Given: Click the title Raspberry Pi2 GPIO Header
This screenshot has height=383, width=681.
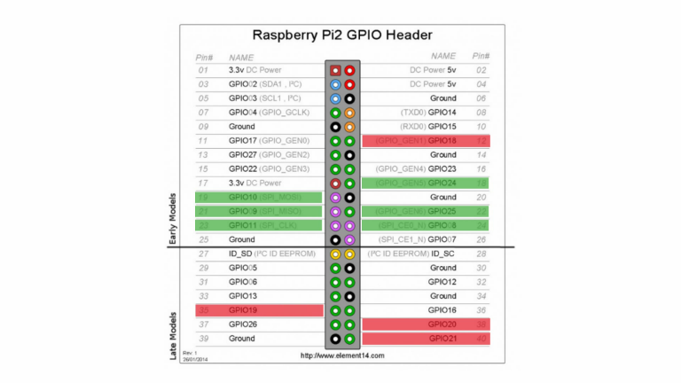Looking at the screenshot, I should pyautogui.click(x=342, y=35).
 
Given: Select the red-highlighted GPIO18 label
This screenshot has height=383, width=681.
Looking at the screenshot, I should pyautogui.click(x=442, y=141).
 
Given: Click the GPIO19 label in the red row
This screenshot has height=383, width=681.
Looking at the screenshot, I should pyautogui.click(x=242, y=310).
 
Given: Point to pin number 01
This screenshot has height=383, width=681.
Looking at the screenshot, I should pyautogui.click(x=203, y=69).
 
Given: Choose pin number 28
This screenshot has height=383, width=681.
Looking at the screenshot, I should pyautogui.click(x=481, y=254).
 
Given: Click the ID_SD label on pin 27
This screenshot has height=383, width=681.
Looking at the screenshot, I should pyautogui.click(x=241, y=254).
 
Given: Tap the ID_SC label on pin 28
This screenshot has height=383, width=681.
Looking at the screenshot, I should pyautogui.click(x=443, y=254).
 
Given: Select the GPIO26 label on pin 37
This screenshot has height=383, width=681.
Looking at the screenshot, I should pyautogui.click(x=242, y=324).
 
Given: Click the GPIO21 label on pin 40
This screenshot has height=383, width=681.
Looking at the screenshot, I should pyautogui.click(x=442, y=339).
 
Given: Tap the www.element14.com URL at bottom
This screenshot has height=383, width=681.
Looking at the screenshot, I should pyautogui.click(x=342, y=356).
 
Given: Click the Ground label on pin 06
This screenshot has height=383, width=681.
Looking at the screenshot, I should pyautogui.click(x=443, y=98).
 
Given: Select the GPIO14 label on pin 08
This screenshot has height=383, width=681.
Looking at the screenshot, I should pyautogui.click(x=442, y=113).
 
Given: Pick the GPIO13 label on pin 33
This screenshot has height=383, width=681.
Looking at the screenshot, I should pyautogui.click(x=242, y=296).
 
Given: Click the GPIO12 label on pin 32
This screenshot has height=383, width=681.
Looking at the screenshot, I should pyautogui.click(x=442, y=282).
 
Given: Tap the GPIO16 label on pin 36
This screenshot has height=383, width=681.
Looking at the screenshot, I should pyautogui.click(x=442, y=310).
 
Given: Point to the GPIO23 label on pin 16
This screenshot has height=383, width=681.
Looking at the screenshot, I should pyautogui.click(x=442, y=168).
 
